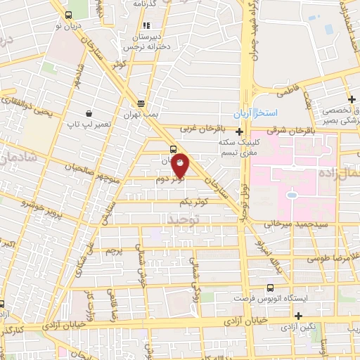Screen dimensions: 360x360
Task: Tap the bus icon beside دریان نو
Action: pyautogui.click(x=68, y=15)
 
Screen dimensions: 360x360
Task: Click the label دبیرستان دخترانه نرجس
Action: pyautogui.click(x=150, y=41)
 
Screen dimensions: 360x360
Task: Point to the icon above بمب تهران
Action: pyautogui.click(x=142, y=102)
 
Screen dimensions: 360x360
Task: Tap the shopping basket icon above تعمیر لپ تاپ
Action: pyautogui.click(x=89, y=112)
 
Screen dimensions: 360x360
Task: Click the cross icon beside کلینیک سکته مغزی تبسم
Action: pyautogui.click(x=240, y=131)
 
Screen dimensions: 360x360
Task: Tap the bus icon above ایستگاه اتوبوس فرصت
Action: pyautogui.click(x=271, y=287)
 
